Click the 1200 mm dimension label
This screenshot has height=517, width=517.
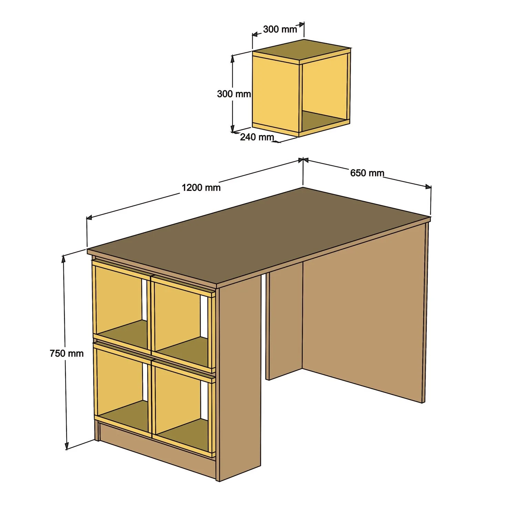(201, 188)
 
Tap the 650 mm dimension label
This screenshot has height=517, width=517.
(367, 173)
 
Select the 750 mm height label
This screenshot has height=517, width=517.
(67, 353)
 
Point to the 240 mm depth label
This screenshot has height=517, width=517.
(257, 137)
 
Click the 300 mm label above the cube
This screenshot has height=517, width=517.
(280, 29)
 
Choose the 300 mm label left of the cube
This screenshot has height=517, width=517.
(234, 94)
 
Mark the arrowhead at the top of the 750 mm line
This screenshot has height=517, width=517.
(64, 258)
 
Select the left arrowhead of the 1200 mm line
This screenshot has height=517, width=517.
(89, 217)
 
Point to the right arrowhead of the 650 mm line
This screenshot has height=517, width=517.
(428, 187)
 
